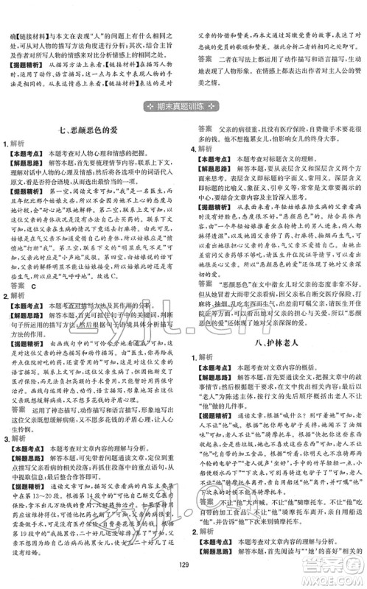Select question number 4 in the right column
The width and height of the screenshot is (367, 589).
pos(193,149)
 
